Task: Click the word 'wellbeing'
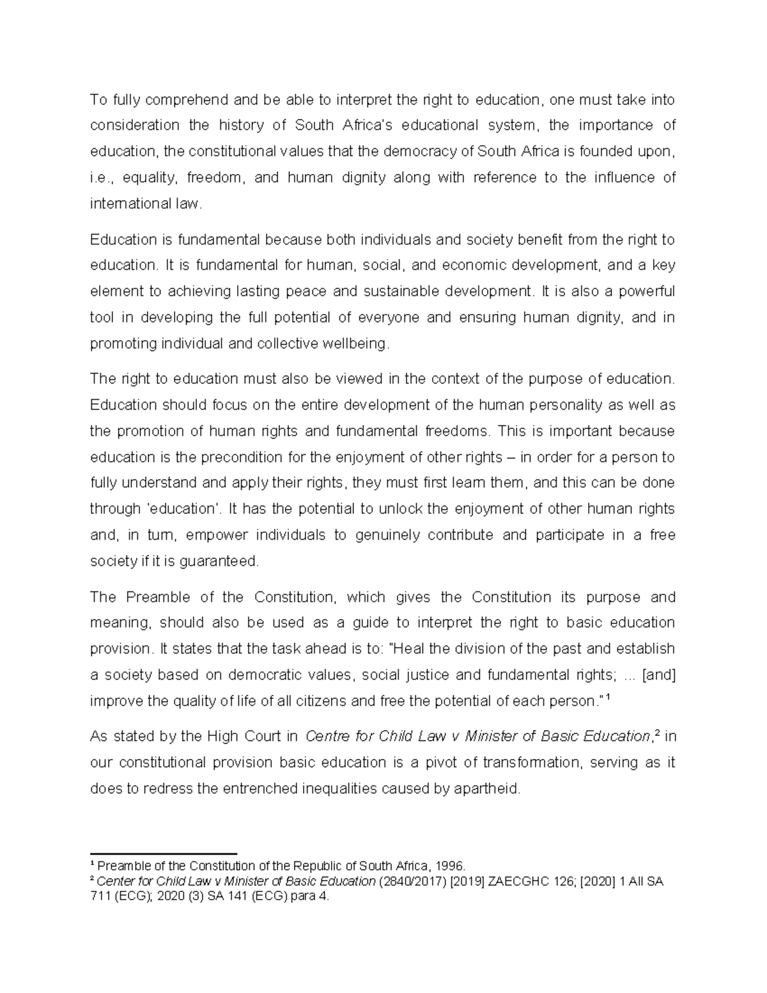point(357,344)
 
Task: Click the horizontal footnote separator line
point(164,854)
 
